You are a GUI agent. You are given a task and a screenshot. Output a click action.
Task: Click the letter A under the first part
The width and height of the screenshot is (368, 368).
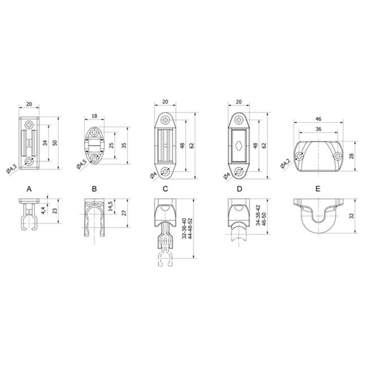coord(29,189)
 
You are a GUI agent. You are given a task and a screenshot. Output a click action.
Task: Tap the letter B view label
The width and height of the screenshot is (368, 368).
coord(95,189)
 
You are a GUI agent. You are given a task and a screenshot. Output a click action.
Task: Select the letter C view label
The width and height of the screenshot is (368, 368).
coord(165,189)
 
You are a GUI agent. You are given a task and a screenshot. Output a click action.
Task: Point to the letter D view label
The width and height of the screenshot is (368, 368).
coord(239,189)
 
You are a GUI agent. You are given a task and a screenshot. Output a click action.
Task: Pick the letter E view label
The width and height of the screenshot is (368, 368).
coord(318,189)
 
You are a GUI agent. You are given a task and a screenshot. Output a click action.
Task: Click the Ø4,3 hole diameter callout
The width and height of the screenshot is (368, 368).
coord(11,169)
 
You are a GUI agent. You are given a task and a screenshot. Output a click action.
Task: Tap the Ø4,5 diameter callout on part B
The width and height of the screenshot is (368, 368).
coord(82,164)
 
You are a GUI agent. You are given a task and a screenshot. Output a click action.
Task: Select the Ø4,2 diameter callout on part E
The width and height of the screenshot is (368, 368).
coord(285,164)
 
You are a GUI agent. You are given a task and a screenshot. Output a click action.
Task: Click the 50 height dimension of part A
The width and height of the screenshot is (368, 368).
coord(55,143)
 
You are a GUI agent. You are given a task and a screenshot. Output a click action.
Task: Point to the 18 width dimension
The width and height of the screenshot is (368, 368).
coord(95,116)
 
